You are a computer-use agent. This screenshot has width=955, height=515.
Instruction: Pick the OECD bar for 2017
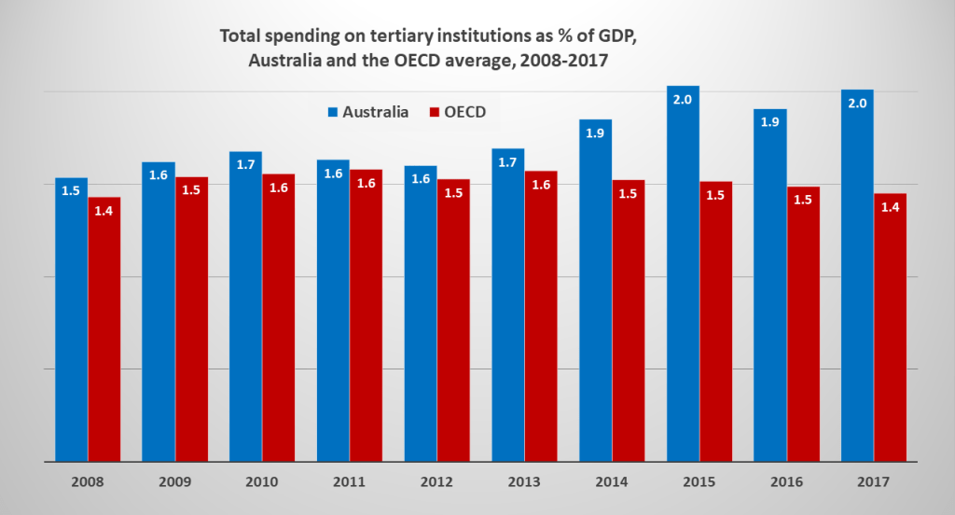[892, 327]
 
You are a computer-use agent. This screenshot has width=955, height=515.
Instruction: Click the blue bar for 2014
[596, 290]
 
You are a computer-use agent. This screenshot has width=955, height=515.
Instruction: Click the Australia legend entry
[367, 112]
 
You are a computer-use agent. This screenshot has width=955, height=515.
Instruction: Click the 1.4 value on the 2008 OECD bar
[104, 211]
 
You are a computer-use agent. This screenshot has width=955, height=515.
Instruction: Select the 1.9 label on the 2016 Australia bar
[770, 123]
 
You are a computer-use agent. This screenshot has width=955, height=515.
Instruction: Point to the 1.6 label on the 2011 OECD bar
[366, 184]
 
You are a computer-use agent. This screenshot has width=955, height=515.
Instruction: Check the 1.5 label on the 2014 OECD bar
[629, 194]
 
